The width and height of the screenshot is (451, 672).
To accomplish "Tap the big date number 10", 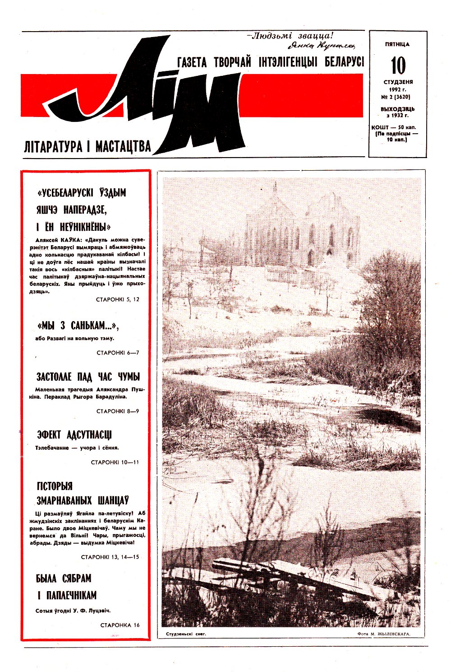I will (398, 65).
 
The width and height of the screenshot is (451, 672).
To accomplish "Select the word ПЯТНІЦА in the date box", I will (397, 44).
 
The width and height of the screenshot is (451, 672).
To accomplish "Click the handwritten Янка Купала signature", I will (321, 45).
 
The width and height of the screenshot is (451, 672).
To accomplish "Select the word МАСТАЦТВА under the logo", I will (123, 147).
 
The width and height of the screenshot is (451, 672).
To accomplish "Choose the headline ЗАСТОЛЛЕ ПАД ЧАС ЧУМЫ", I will (88, 377).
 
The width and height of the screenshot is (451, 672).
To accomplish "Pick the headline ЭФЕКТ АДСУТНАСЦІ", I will (74, 435).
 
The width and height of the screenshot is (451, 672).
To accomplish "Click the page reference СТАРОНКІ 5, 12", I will (118, 299).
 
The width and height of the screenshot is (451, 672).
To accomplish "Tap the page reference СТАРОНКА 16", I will (120, 625).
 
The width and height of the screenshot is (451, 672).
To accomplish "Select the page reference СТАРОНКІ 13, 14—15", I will (110, 557).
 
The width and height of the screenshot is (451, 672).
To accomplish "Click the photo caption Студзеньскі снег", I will (186, 634).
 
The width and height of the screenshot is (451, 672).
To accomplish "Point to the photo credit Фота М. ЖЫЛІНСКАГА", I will (383, 634).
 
